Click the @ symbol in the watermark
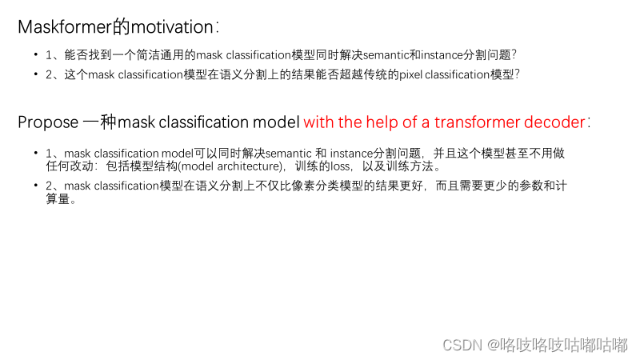coord(492,345)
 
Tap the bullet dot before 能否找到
coord(35,55)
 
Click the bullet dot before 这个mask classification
coord(35,74)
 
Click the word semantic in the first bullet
coord(386,55)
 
